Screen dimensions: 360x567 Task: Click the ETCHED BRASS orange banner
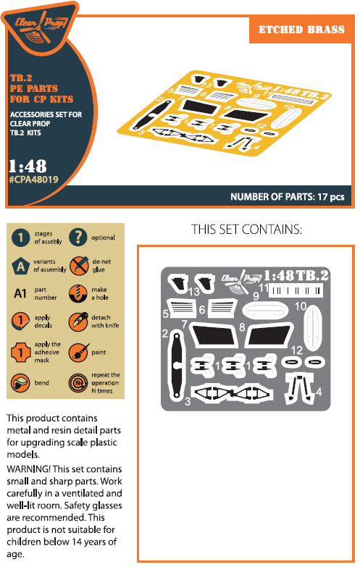pyautogui.click(x=301, y=29)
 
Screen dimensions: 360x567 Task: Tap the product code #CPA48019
pyautogui.click(x=33, y=180)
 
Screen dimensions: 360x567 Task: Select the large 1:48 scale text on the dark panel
pyautogui.click(x=28, y=166)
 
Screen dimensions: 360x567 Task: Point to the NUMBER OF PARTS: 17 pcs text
pyautogui.click(x=288, y=197)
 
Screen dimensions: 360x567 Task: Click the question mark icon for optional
pyautogui.click(x=78, y=238)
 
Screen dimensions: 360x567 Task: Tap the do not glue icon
pyautogui.click(x=79, y=266)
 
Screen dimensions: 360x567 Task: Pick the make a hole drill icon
pyautogui.click(x=78, y=293)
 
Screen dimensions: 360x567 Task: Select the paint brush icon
pyautogui.click(x=78, y=352)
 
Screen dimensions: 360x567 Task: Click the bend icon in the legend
pyautogui.click(x=20, y=383)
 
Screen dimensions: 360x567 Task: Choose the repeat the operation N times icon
pyautogui.click(x=78, y=383)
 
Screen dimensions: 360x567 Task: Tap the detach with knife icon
pyautogui.click(x=78, y=322)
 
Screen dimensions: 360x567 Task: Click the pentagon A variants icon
pyautogui.click(x=20, y=266)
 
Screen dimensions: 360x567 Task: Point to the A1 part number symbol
pyautogui.click(x=20, y=293)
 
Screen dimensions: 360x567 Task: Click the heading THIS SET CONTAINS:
pyautogui.click(x=246, y=230)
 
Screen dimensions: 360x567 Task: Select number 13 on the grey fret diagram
pyautogui.click(x=193, y=291)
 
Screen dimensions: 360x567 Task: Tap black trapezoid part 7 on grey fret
pyautogui.click(x=214, y=335)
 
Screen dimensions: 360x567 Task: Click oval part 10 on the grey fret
pyautogui.click(x=312, y=327)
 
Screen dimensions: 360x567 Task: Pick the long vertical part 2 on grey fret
pyautogui.click(x=177, y=365)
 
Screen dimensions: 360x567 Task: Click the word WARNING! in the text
pyautogui.click(x=28, y=469)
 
